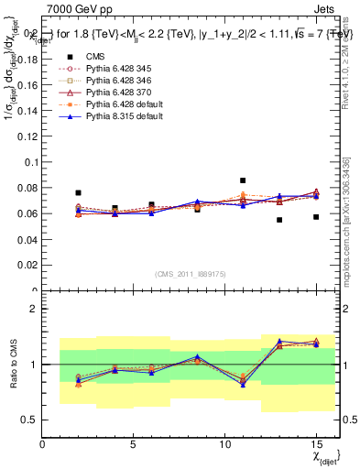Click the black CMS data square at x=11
243,180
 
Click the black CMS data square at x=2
79,193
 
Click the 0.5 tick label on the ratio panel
28,420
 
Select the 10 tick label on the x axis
224,444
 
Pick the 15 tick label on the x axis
316,444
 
